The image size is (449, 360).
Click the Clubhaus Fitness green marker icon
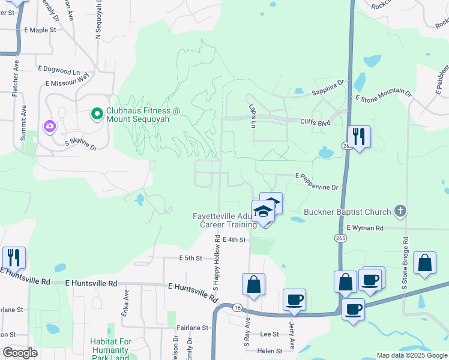tap(97, 113)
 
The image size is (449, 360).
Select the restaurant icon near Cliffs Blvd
tap(359, 137)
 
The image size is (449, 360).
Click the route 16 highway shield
tap(238, 307)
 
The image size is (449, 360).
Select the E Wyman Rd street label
tap(365, 228)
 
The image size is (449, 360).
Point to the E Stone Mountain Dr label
tap(383, 95)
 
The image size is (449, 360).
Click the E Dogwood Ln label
tap(58, 70)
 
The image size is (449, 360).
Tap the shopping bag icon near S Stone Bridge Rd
tap(424, 263)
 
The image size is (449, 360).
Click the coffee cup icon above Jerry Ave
tap(294, 299)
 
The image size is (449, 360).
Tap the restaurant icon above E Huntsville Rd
tap(14, 257)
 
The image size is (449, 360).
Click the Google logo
tap(20, 352)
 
